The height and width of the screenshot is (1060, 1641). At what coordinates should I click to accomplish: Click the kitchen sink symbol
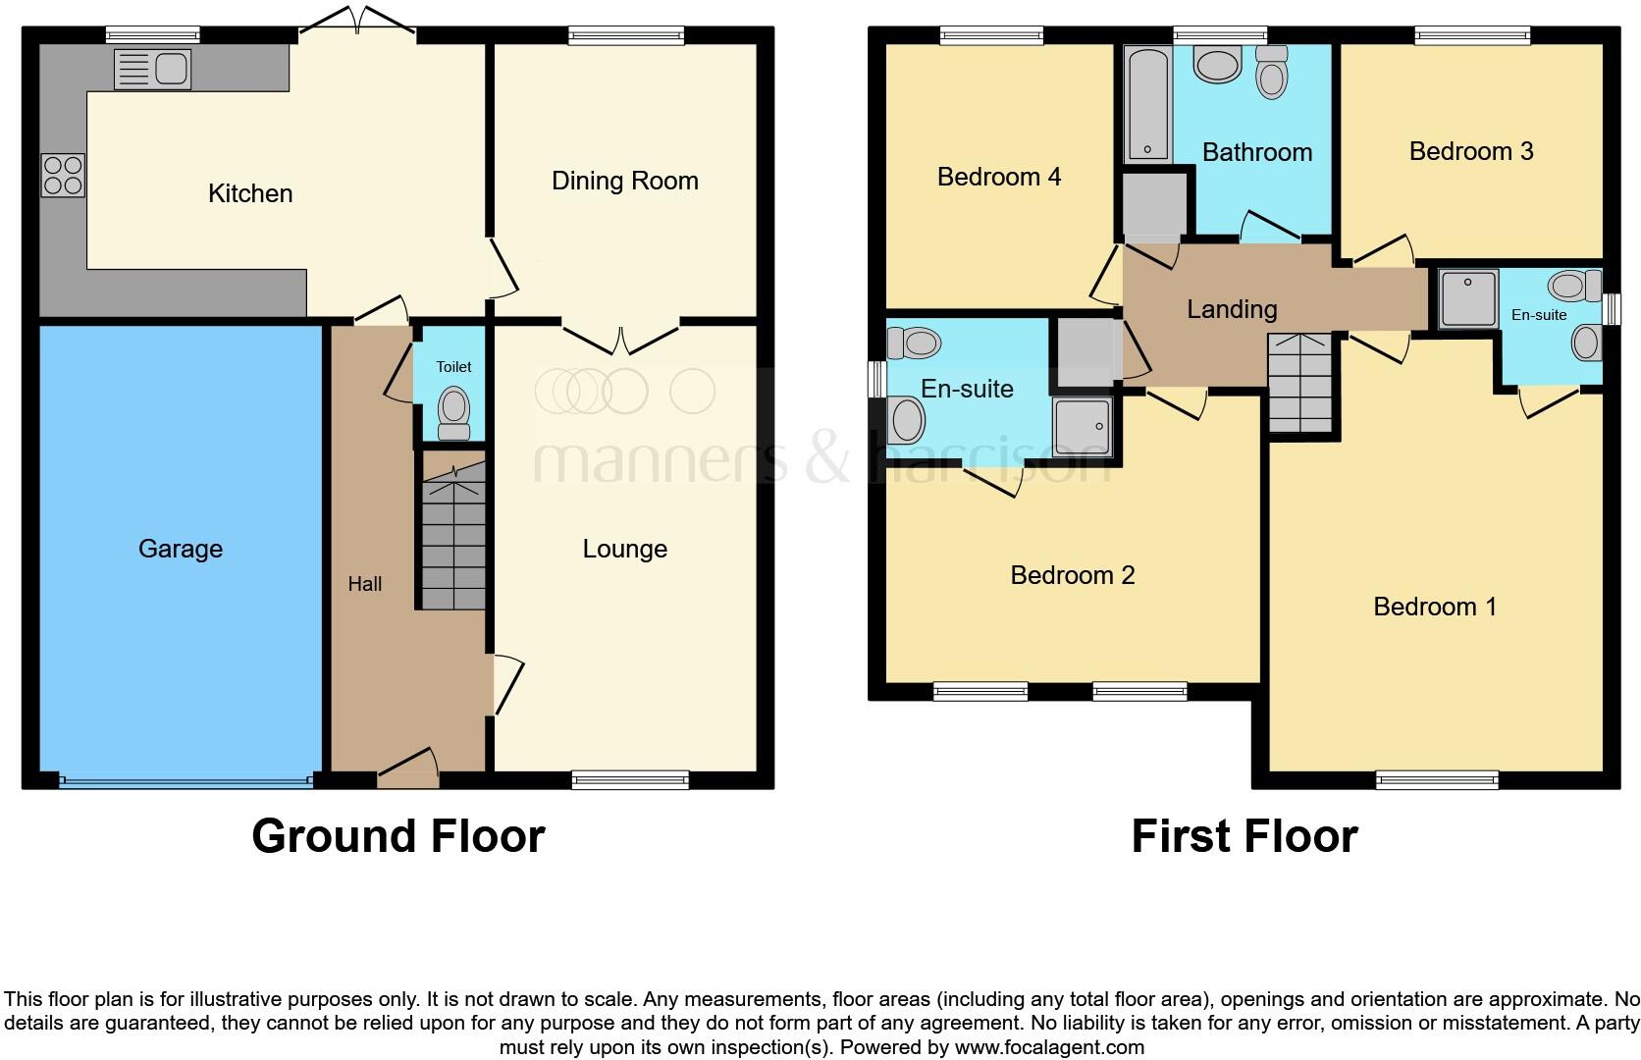point(152,70)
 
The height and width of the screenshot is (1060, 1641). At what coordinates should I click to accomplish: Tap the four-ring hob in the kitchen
point(63,176)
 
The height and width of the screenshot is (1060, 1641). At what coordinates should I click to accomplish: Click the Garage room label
point(181,549)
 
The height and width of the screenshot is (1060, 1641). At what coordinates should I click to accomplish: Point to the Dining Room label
point(625,181)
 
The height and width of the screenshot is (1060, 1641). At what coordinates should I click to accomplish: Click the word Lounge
point(625,549)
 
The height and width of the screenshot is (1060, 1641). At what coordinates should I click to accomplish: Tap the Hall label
point(364,584)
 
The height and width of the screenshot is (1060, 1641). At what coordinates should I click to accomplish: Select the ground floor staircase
point(453,536)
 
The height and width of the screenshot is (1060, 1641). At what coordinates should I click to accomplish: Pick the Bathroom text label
point(1257,152)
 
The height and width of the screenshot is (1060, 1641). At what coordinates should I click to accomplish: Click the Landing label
point(1232,309)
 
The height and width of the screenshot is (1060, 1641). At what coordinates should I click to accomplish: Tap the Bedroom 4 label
point(999,177)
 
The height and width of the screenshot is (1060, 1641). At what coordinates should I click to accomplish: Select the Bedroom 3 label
point(1471,151)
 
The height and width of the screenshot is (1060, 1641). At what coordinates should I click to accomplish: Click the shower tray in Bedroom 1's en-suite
point(1468,298)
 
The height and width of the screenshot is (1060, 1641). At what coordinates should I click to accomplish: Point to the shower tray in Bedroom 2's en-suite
point(1083,426)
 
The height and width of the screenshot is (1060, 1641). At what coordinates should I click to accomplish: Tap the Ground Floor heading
point(398,836)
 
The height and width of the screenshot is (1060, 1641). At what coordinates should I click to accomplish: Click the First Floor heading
point(1244,836)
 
